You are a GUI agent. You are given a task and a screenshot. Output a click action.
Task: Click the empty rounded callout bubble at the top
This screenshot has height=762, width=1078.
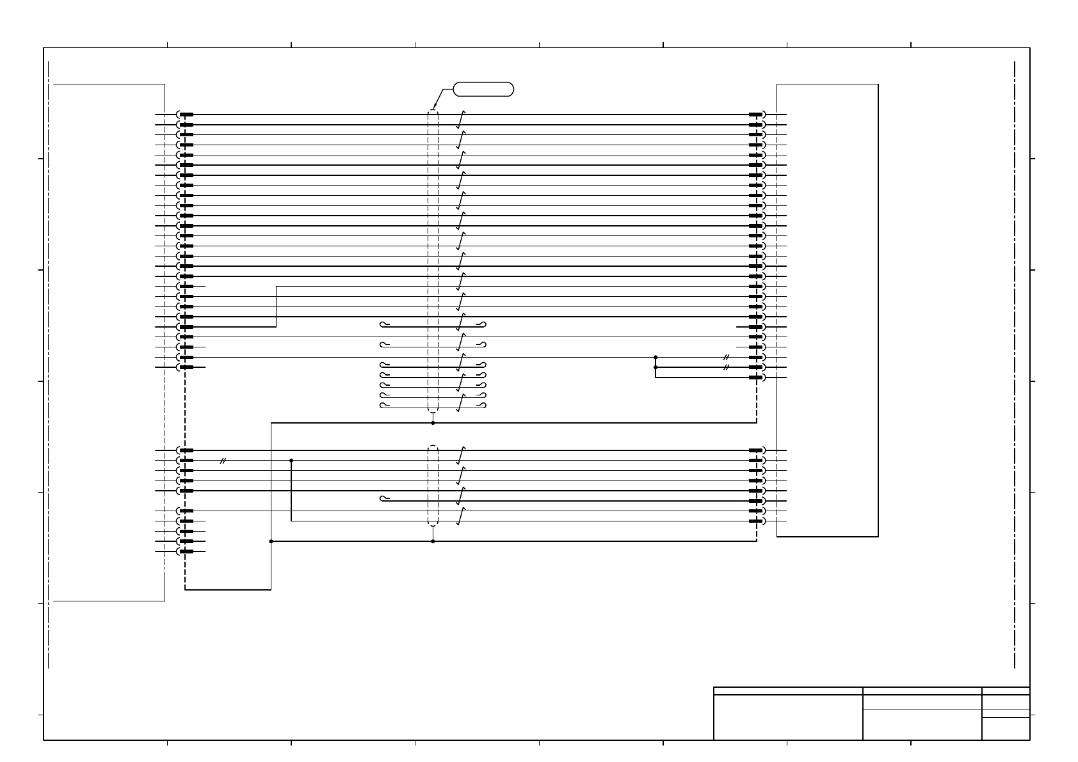click(483, 89)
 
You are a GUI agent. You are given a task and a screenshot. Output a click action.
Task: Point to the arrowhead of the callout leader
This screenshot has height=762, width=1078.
click(435, 108)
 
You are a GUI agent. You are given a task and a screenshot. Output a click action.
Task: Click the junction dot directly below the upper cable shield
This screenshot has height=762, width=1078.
click(433, 423)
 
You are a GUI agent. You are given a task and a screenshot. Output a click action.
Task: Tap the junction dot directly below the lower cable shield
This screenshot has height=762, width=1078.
click(433, 541)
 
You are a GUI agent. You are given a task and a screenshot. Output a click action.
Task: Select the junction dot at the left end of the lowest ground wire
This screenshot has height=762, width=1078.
click(271, 541)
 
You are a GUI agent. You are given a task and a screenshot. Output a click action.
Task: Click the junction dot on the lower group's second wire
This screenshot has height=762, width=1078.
click(291, 461)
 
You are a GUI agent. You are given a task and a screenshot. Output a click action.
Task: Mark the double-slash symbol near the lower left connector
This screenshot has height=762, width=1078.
click(223, 461)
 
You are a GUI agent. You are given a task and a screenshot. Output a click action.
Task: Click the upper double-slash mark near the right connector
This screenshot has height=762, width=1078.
click(726, 357)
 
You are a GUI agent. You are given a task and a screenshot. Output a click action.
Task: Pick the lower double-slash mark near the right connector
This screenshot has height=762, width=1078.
click(726, 368)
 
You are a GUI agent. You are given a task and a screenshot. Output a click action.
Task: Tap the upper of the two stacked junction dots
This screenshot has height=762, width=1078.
click(656, 357)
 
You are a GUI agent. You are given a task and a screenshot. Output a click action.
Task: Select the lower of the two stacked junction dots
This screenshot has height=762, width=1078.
click(656, 368)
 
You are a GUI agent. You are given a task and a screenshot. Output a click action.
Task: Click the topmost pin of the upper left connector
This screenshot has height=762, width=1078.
click(186, 115)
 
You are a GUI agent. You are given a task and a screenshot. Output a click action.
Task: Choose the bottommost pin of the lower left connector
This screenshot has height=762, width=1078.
click(186, 552)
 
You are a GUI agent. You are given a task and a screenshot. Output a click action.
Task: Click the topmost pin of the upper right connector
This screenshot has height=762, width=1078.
click(756, 115)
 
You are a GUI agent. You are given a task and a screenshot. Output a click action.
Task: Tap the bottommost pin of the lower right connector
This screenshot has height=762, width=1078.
click(756, 521)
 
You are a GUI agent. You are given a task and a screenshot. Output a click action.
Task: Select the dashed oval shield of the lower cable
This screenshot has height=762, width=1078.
click(433, 485)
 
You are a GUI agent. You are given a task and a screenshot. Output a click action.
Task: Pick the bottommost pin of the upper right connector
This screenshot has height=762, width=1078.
click(756, 377)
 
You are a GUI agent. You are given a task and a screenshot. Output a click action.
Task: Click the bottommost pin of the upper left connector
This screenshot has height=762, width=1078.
click(186, 367)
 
